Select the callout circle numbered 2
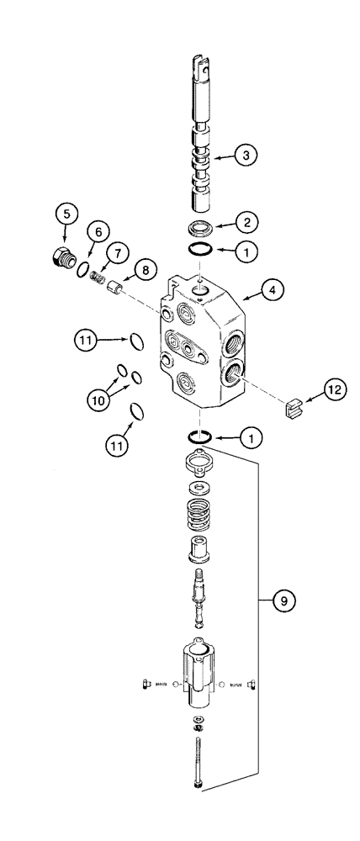pos(245,223)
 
